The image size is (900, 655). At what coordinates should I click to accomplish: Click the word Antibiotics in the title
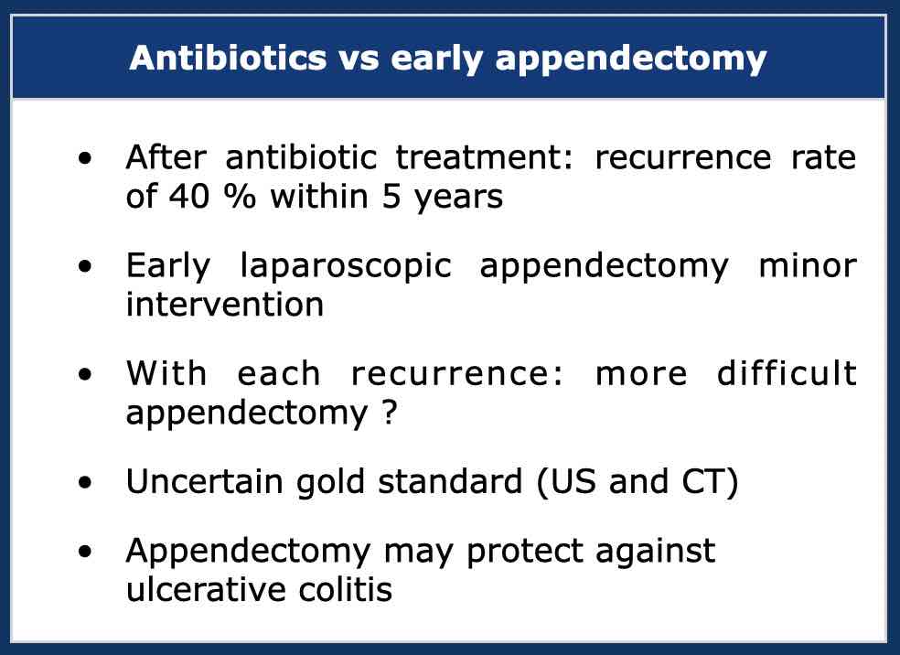pyautogui.click(x=229, y=58)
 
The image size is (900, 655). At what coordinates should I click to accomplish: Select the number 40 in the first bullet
pyautogui.click(x=188, y=197)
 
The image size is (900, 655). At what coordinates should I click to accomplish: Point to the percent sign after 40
pyautogui.click(x=240, y=197)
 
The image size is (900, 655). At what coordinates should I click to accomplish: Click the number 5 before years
pyautogui.click(x=391, y=197)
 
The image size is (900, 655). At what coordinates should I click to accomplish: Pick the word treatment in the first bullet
pyautogui.click(x=485, y=156)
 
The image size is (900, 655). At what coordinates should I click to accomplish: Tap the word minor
pyautogui.click(x=808, y=266)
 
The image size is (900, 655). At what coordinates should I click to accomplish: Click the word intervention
pyautogui.click(x=225, y=304)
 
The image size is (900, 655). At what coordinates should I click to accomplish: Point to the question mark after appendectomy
pyautogui.click(x=389, y=412)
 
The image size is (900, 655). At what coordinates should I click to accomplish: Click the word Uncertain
pyautogui.click(x=204, y=480)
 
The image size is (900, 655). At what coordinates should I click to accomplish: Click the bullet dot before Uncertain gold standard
pyautogui.click(x=85, y=483)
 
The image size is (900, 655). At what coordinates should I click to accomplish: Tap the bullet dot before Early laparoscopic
pyautogui.click(x=85, y=266)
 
